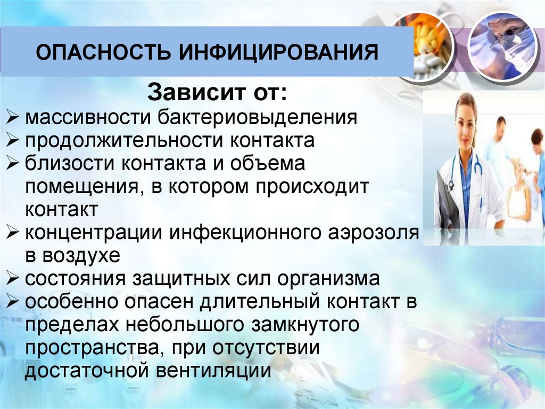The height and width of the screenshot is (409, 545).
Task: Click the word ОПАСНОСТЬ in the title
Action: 104,54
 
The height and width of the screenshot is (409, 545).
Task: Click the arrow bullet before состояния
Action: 14,278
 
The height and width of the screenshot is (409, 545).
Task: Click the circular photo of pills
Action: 425,45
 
